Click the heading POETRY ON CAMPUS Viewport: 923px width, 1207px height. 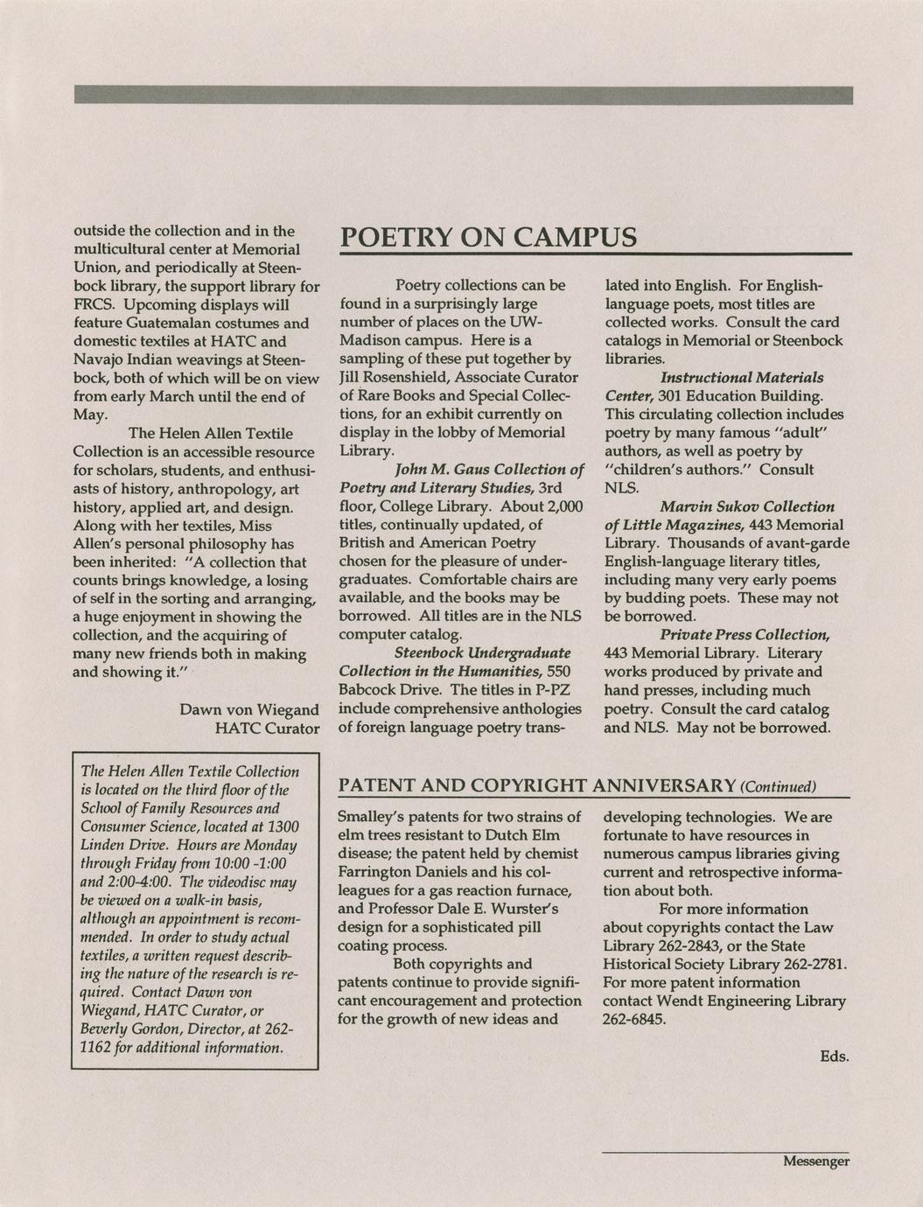[x=487, y=237]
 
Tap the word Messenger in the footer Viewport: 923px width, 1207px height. [x=815, y=1162]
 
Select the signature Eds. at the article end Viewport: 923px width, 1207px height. [x=834, y=1057]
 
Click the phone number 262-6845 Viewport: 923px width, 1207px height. [x=634, y=1019]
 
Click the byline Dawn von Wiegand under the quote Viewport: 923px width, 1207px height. [x=248, y=709]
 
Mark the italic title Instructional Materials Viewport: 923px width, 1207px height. [x=741, y=377]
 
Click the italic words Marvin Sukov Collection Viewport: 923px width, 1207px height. [x=746, y=506]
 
